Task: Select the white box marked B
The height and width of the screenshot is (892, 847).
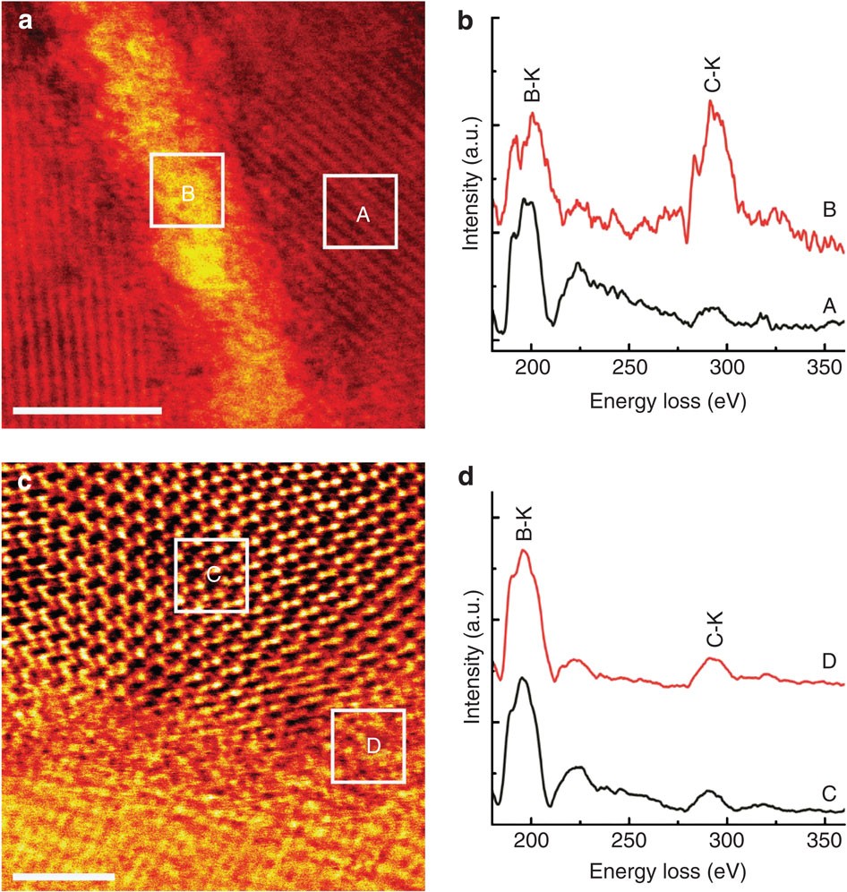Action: [187, 190]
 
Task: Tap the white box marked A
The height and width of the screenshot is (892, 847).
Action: [360, 211]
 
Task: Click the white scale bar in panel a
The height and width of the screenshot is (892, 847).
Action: [88, 410]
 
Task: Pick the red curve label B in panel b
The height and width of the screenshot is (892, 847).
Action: [828, 210]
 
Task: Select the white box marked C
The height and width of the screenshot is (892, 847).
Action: [211, 575]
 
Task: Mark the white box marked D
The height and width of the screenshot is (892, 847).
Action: [368, 745]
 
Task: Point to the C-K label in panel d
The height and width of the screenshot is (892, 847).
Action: [714, 632]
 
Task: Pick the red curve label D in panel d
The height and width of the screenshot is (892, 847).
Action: [828, 661]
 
